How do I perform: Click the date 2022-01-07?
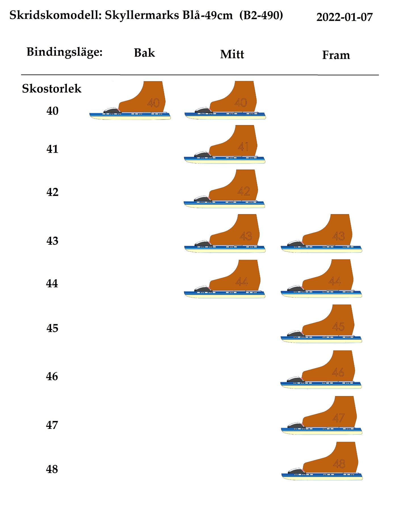click(344, 17)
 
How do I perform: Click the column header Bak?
click(144, 53)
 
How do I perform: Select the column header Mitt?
click(232, 54)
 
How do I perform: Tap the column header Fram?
click(336, 55)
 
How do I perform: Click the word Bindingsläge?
click(64, 52)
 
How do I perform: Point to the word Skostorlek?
click(52, 89)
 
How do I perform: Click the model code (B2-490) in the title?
click(261, 15)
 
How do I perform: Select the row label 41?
click(52, 149)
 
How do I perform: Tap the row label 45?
click(52, 328)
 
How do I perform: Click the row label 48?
click(52, 469)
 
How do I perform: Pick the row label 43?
click(52, 241)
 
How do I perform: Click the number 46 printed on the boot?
click(338, 372)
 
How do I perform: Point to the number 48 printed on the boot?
click(339, 464)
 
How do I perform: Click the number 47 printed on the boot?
click(338, 418)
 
